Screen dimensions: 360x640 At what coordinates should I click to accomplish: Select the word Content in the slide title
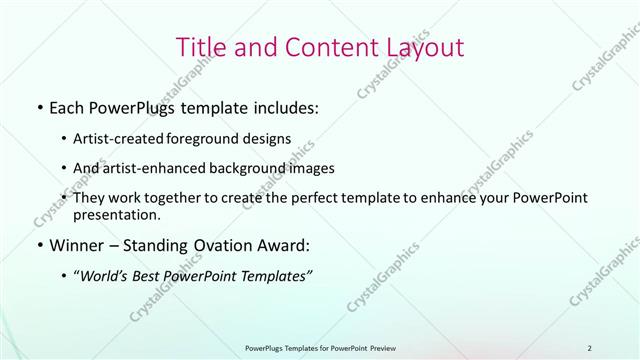pos(322,47)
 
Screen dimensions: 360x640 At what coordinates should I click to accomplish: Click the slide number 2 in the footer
pos(590,348)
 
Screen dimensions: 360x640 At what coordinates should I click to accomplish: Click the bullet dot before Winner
pos(38,244)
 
